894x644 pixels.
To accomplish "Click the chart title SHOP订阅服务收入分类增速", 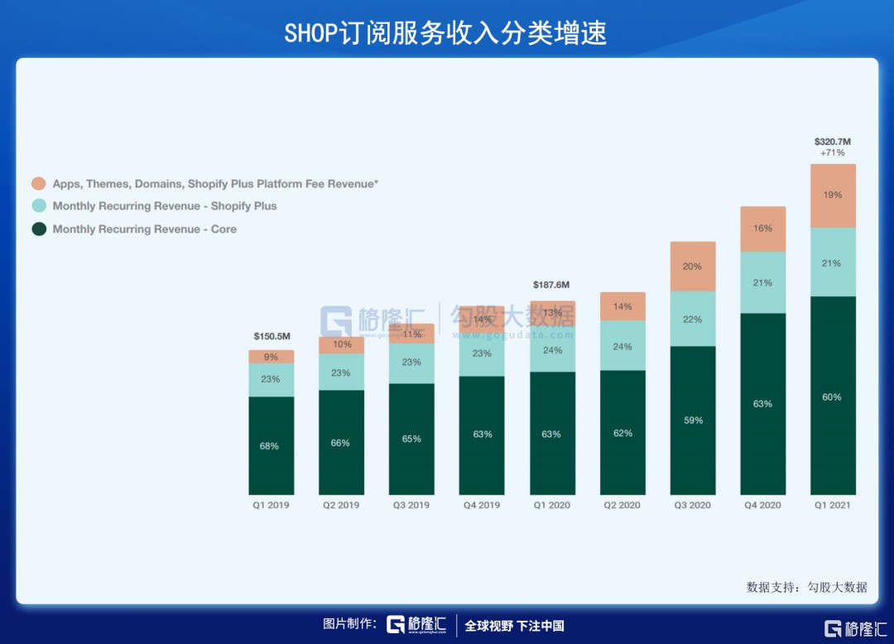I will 446,32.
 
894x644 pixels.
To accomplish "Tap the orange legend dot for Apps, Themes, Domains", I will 38,184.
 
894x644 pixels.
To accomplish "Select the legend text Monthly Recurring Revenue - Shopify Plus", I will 165,206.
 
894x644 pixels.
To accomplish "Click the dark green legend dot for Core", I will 38,229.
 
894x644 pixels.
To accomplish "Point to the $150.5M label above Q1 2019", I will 272,337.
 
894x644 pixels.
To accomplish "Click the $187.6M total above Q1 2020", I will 552,285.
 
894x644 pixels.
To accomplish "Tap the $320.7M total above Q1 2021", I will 833,142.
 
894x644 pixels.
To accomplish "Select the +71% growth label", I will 833,154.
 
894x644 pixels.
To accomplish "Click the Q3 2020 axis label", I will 693,505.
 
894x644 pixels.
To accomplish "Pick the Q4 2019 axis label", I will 482,505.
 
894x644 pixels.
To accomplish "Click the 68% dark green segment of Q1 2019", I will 272,446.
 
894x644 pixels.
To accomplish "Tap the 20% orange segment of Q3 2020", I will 693,267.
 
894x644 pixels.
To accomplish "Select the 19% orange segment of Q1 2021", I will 833,195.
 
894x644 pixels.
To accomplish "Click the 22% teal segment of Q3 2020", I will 693,319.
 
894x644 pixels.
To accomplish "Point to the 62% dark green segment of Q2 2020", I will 622,433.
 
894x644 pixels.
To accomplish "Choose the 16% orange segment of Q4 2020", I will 762,228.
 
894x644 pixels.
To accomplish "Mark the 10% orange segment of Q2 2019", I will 341,344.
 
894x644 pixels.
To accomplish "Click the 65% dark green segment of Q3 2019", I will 411,439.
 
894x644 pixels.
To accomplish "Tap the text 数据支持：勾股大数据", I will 806,587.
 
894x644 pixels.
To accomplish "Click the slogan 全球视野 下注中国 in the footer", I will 514,626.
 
